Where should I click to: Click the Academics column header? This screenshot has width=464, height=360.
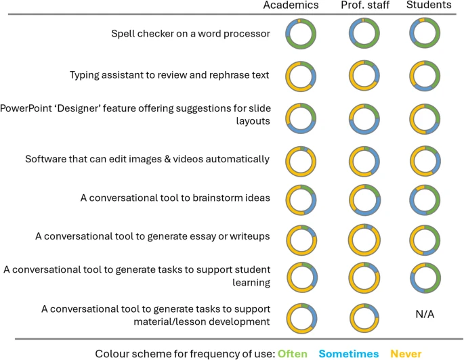[291, 5]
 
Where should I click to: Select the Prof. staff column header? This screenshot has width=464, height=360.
[365, 5]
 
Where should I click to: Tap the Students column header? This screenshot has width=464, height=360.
[428, 5]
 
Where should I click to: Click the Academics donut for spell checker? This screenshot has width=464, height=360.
[300, 33]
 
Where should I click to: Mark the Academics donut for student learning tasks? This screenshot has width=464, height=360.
[300, 277]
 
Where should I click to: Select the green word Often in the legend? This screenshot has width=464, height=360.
[292, 353]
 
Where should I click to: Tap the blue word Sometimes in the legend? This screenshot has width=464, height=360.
[349, 353]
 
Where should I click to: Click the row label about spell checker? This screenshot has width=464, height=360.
[190, 33]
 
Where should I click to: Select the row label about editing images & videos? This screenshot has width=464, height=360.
[147, 159]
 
